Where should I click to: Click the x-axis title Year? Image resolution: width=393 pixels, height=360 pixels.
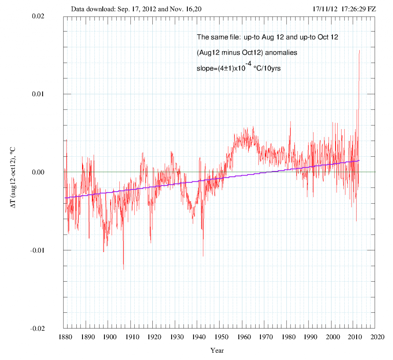click(217, 350)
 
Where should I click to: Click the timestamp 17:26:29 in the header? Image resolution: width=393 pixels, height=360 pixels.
click(350, 8)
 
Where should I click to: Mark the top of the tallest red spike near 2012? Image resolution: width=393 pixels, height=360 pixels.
click(359, 50)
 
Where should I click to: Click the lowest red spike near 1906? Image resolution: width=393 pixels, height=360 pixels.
click(124, 269)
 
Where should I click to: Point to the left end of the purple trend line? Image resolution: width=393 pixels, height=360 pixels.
click(66, 197)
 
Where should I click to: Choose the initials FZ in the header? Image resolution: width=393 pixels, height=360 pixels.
click(371, 8)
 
